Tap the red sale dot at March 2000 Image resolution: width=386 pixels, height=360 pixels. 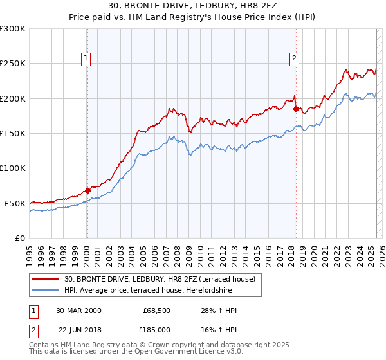coord(87,190)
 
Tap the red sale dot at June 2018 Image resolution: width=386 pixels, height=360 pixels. coord(296,109)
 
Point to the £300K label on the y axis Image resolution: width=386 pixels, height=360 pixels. coord(13,29)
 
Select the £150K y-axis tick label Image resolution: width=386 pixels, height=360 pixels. coord(13,134)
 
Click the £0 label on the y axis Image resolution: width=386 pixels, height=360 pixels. coord(19,238)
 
